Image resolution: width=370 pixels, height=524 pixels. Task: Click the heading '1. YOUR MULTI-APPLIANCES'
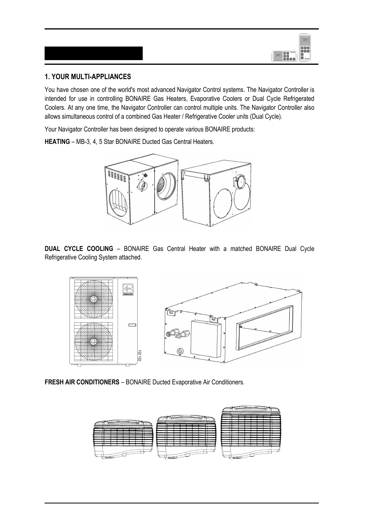tap(88, 76)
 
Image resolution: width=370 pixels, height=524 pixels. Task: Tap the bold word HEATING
tap(57, 142)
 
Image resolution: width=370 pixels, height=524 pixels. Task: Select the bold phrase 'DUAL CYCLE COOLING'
tap(79, 249)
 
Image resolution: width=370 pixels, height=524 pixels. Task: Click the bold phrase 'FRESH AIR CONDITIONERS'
tap(82, 382)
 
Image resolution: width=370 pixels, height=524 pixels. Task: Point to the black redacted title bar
tap(93, 54)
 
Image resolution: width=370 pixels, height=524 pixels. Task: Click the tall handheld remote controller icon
tap(305, 47)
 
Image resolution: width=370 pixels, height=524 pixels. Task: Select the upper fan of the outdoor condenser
tap(93, 299)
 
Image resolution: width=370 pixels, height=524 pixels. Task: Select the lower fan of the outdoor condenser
tap(93, 341)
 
